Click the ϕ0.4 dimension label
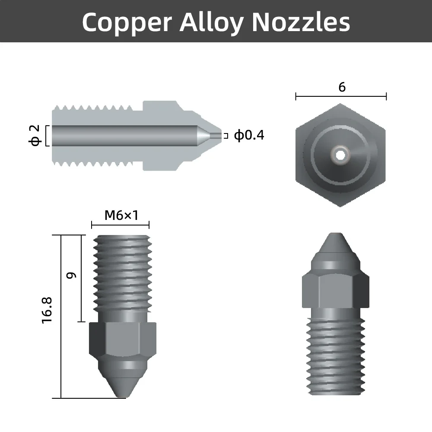[249, 135]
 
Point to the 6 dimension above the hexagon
[342, 87]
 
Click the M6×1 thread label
[121, 215]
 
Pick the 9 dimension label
[72, 275]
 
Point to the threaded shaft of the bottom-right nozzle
[336, 354]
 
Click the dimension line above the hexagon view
[341, 97]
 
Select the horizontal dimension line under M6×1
[120, 225]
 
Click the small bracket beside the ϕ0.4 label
[226, 135]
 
